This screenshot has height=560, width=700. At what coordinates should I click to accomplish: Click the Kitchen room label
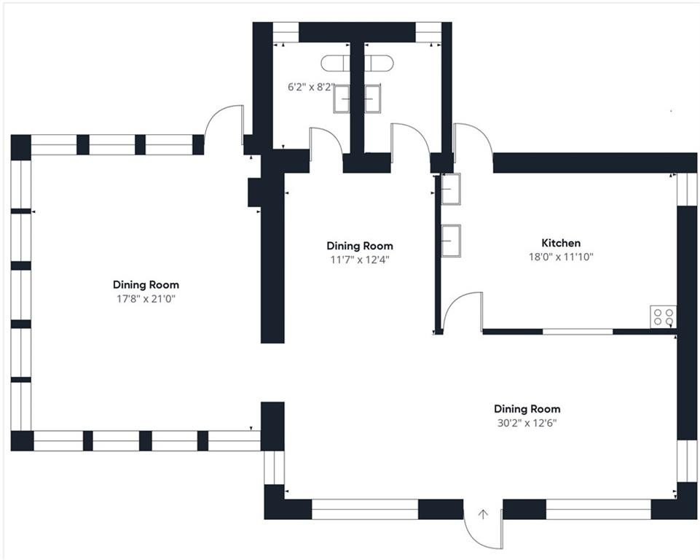[x=561, y=243]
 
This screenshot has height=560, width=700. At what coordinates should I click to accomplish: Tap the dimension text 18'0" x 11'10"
[x=561, y=257]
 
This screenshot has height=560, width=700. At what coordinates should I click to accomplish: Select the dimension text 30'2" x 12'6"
[x=527, y=423]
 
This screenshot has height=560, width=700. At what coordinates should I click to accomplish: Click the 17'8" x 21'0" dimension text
[x=146, y=299]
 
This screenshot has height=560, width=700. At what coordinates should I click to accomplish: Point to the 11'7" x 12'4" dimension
[x=360, y=260]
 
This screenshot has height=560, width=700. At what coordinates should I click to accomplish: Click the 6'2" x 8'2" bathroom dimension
[x=311, y=87]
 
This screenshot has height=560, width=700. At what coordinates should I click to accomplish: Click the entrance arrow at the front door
[x=483, y=514]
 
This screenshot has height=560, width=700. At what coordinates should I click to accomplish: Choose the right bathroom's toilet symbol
[x=379, y=63]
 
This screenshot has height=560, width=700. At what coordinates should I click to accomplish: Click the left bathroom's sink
[x=342, y=98]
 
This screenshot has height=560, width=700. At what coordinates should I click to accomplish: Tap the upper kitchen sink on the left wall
[x=451, y=189]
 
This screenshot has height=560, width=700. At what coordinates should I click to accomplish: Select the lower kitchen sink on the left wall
[x=451, y=241]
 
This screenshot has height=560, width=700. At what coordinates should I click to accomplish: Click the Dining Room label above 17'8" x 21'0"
[x=146, y=284]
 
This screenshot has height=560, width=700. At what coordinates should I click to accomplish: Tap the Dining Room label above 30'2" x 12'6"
[x=527, y=409]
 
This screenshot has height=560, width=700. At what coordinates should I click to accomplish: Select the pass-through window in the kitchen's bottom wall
[x=578, y=332]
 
